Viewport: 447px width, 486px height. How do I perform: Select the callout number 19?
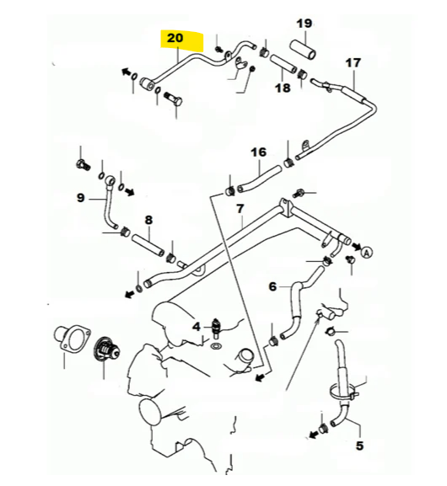pyautogui.click(x=304, y=22)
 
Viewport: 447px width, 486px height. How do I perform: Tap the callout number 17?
pyautogui.click(x=353, y=62)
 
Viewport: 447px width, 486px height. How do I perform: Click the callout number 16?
pyautogui.click(x=258, y=152)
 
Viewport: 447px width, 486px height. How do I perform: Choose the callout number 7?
pyautogui.click(x=240, y=208)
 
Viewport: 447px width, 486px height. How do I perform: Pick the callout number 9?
pyautogui.click(x=81, y=198)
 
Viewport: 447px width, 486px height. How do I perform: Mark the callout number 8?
pyautogui.click(x=148, y=220)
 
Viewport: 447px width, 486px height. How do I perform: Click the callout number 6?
pyautogui.click(x=272, y=286)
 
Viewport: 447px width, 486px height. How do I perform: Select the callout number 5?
pyautogui.click(x=359, y=446)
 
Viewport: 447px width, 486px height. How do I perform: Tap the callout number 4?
pyautogui.click(x=197, y=326)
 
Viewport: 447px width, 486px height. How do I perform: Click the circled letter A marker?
pyautogui.click(x=367, y=251)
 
